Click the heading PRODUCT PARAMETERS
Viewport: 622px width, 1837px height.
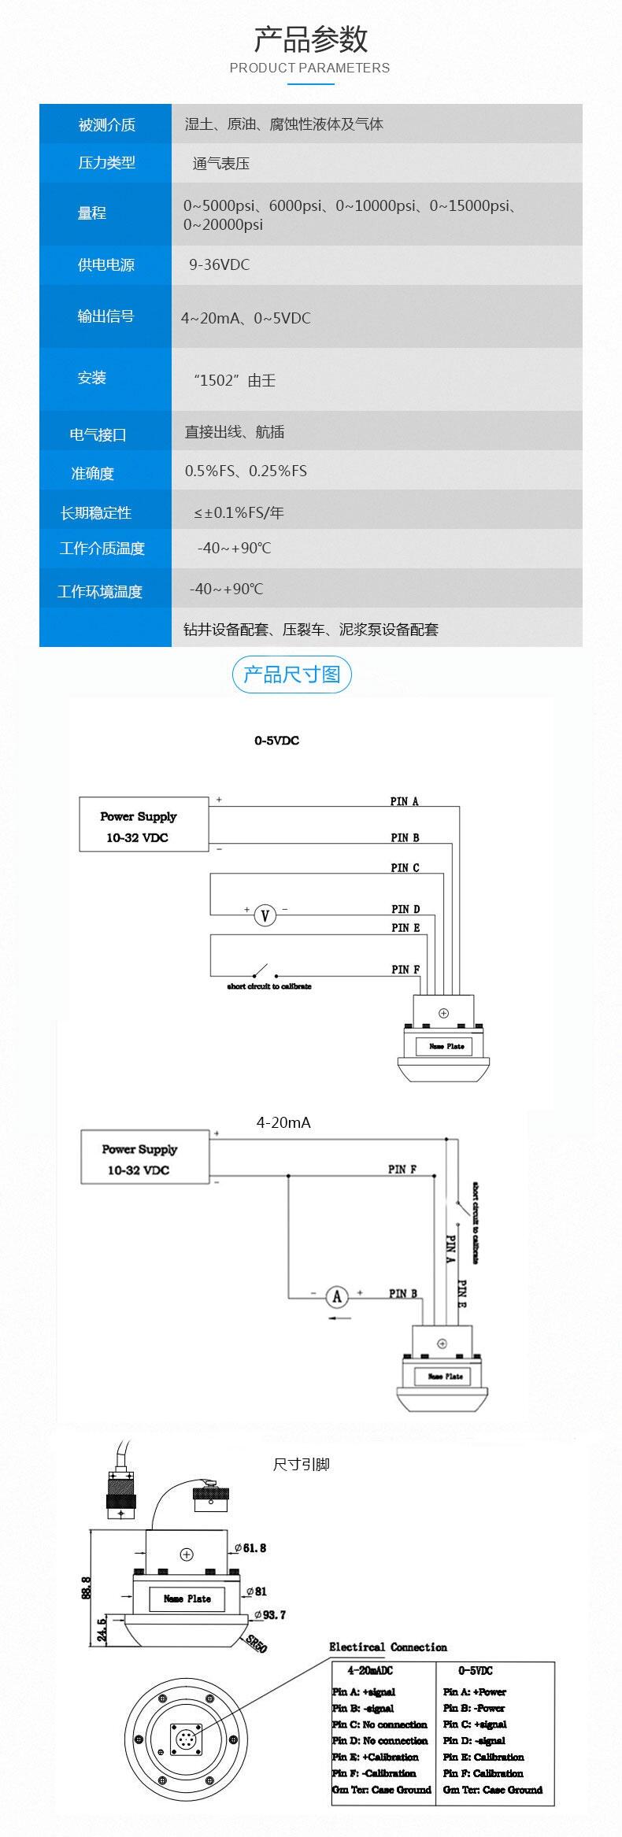tap(309, 68)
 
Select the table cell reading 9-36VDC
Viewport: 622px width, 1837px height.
tap(219, 264)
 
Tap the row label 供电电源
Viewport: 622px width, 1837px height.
tap(106, 264)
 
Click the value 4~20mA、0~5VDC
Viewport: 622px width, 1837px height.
tap(246, 318)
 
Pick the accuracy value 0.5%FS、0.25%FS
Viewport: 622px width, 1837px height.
tap(246, 471)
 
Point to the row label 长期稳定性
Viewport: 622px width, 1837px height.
tap(96, 512)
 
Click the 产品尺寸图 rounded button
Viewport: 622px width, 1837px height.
tap(291, 675)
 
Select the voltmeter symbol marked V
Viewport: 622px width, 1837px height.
tap(265, 915)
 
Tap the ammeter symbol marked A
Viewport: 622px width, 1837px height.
tap(337, 1296)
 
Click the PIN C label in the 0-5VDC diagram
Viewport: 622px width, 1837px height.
tap(405, 867)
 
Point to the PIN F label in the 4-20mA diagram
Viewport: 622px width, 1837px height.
tap(402, 1169)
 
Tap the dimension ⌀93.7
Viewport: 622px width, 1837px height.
tap(269, 1614)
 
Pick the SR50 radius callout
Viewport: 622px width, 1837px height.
tap(256, 1644)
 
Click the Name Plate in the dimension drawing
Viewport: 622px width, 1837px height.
tap(187, 1599)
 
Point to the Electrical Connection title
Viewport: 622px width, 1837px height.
tap(387, 1647)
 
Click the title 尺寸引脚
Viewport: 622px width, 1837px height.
tap(301, 1464)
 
